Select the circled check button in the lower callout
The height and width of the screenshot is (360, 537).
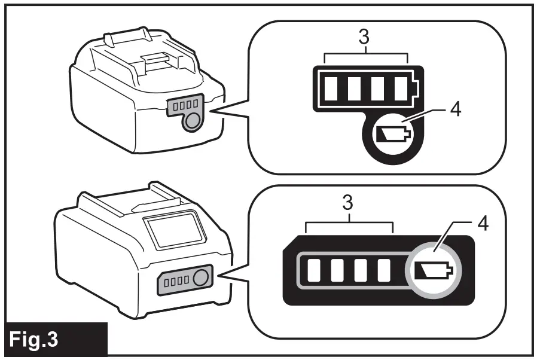(x=435, y=270)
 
